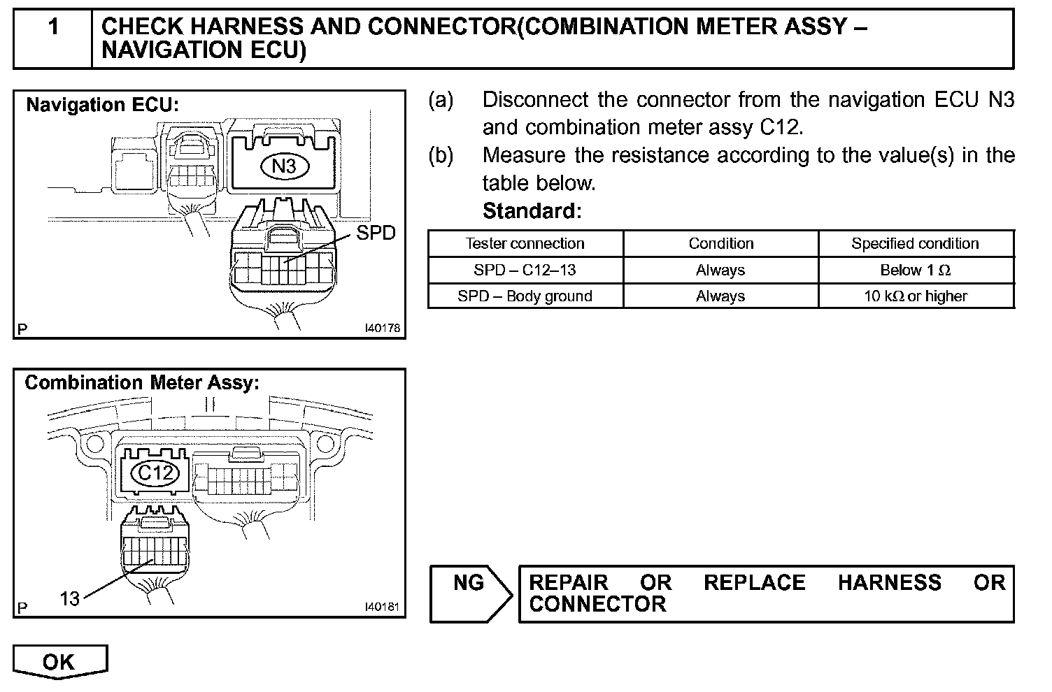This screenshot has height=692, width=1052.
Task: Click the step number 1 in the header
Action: pyautogui.click(x=53, y=28)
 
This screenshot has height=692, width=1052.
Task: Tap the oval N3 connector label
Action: pyautogui.click(x=284, y=166)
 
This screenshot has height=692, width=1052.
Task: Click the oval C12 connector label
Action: pyautogui.click(x=155, y=474)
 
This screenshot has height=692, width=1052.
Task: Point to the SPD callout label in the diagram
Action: pyautogui.click(x=376, y=233)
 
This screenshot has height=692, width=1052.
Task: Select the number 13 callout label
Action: pyautogui.click(x=70, y=599)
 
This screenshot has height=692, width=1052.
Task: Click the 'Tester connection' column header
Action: pyautogui.click(x=525, y=244)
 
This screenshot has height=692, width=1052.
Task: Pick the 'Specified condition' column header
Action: pyautogui.click(x=915, y=244)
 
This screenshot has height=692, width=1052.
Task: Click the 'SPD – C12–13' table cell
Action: pyautogui.click(x=525, y=271)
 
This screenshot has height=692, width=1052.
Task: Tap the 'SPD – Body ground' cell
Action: pyautogui.click(x=525, y=296)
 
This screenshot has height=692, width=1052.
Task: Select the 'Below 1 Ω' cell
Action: pyautogui.click(x=915, y=271)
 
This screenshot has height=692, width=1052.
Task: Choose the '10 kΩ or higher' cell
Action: pyautogui.click(x=915, y=296)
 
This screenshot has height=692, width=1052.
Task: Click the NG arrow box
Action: pyautogui.click(x=470, y=593)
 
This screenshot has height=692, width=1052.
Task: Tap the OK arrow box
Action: pyautogui.click(x=59, y=662)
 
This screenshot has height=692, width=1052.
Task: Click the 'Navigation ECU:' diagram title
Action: pyautogui.click(x=103, y=106)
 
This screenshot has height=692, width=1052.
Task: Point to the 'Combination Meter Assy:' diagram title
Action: pyautogui.click(x=142, y=383)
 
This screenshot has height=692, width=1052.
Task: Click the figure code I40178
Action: pyautogui.click(x=382, y=328)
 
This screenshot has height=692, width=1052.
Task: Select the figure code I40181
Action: pyautogui.click(x=382, y=607)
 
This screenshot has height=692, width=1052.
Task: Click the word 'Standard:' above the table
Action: pyautogui.click(x=532, y=210)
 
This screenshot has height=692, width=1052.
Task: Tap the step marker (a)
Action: pyautogui.click(x=441, y=100)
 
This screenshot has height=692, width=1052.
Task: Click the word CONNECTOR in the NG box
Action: pyautogui.click(x=597, y=605)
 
